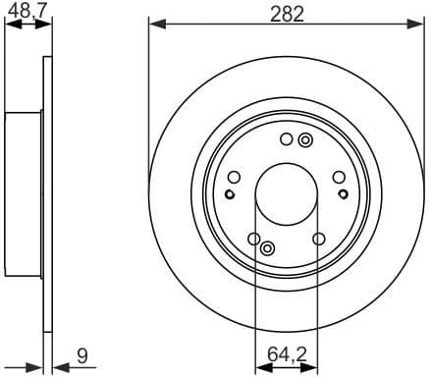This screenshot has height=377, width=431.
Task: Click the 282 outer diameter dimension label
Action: tap(287, 13)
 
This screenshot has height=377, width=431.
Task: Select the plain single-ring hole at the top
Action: tap(286, 139)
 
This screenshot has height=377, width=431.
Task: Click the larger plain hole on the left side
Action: tap(234, 177)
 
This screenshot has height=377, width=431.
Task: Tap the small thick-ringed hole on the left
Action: tap(229, 193)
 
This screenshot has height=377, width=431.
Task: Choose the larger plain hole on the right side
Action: tap(339, 177)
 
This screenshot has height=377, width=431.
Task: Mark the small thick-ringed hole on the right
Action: tap(344, 193)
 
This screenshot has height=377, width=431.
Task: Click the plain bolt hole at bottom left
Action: tap(254, 239)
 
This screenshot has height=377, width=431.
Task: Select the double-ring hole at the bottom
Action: tap(270, 250)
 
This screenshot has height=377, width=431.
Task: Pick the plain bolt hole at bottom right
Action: tap(318, 239)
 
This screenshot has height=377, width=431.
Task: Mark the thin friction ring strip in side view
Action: tap(47, 196)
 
